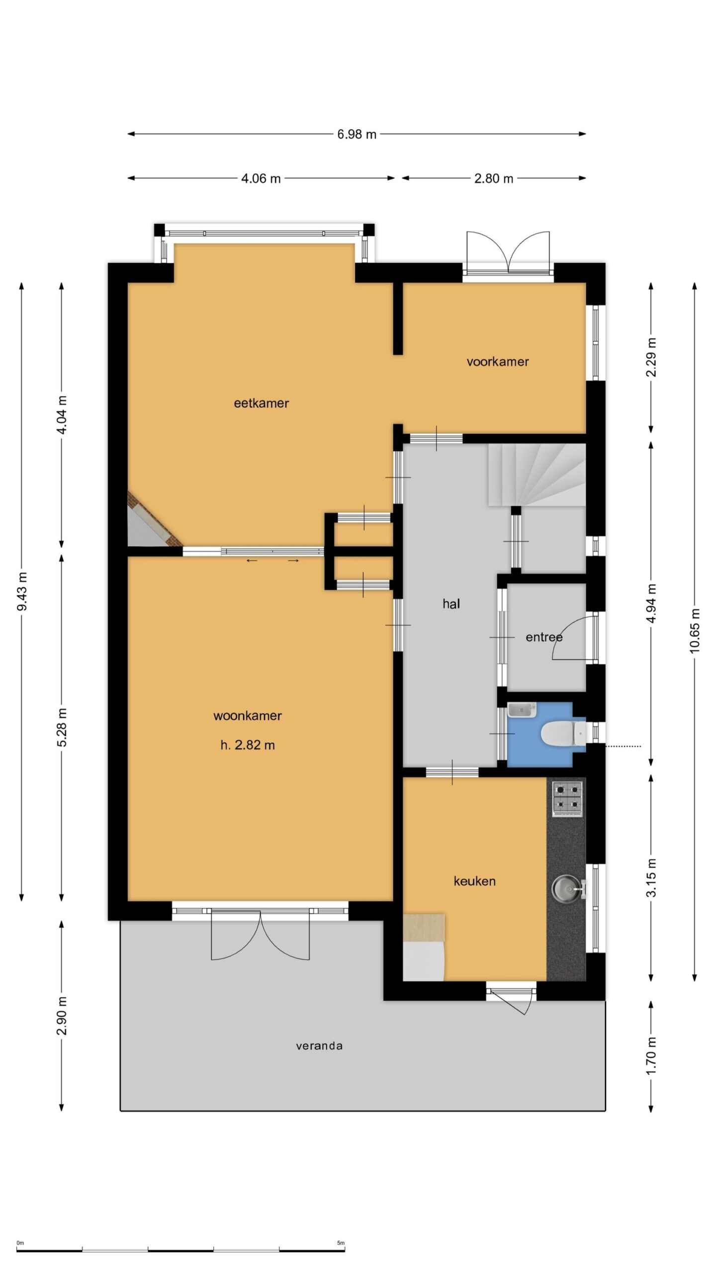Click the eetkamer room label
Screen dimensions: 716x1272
click(261, 403)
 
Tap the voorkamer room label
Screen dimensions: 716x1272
click(497, 362)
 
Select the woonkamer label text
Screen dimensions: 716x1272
click(247, 716)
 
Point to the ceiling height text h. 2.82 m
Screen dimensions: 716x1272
click(248, 745)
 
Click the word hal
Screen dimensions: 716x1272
click(451, 604)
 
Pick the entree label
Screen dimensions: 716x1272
click(544, 637)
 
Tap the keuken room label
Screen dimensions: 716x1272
click(474, 881)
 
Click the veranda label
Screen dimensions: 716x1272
click(319, 1046)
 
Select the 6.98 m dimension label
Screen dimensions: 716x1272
click(357, 134)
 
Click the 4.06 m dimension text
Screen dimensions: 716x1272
click(261, 178)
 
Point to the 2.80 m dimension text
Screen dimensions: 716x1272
click(493, 178)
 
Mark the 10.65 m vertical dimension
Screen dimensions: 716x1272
click(695, 631)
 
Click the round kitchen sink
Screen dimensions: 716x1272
click(567, 887)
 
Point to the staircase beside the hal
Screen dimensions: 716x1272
click(537, 475)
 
